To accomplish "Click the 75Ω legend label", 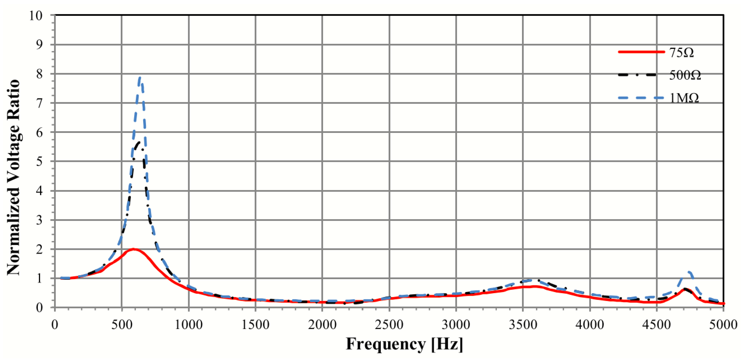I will coord(681,53).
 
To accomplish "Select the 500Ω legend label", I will coord(685,75).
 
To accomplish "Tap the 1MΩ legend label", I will coord(684,98).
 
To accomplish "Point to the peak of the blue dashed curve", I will coord(140,77).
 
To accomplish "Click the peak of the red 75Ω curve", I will coord(134,249).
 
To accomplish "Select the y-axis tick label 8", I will coord(39,74).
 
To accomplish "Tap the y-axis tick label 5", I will coord(39,161).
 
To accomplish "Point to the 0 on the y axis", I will coord(39,308).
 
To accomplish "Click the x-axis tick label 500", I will coord(122,324).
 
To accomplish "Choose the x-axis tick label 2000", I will coord(322,324).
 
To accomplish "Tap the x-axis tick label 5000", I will coord(723,324).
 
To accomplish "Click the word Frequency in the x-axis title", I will coord(386,344).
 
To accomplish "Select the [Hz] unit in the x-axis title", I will coord(447,344).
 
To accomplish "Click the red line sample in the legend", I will coord(641,52).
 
